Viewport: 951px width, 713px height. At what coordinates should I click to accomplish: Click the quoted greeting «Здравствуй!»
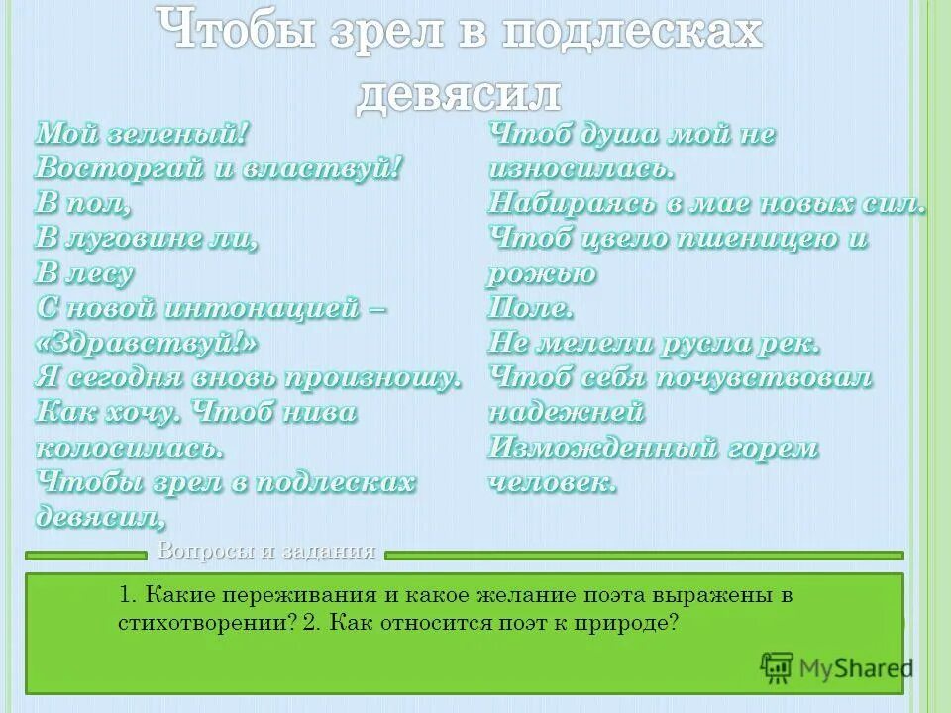[x=148, y=343]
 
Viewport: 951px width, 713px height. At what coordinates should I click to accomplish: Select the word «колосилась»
[x=130, y=448]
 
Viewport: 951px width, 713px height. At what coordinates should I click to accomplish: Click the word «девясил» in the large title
[x=458, y=94]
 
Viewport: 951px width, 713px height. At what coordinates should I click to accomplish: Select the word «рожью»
[x=542, y=273]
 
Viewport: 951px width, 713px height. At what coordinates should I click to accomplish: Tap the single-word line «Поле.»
[x=531, y=308]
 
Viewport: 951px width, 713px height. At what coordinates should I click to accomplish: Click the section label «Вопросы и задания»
[x=266, y=552]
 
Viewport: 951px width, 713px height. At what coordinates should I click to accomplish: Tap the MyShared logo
[x=836, y=667]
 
